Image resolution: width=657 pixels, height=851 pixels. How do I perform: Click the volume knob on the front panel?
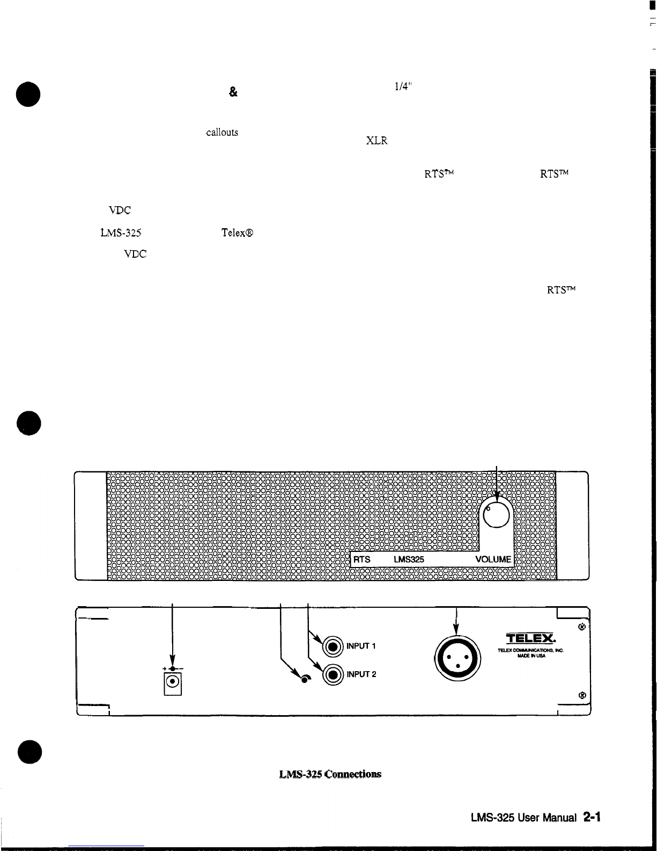tap(496, 514)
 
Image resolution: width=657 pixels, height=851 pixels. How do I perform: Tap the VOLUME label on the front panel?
tap(493, 559)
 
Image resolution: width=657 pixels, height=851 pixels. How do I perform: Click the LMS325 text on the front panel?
tap(409, 559)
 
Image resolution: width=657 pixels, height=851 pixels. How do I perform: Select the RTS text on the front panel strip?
tap(361, 559)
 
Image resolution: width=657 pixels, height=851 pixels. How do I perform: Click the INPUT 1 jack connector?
tap(333, 646)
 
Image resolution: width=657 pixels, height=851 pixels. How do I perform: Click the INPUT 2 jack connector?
tap(333, 675)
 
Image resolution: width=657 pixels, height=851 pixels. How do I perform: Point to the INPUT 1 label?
tap(361, 646)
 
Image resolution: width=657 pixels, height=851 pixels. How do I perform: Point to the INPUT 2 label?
tap(361, 674)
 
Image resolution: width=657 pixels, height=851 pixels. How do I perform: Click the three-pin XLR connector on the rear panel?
tap(457, 658)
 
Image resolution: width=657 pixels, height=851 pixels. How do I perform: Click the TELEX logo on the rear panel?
tap(530, 638)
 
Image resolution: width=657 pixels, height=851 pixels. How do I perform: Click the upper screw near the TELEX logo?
tap(581, 627)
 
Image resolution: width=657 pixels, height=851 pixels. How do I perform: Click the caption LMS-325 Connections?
tap(330, 774)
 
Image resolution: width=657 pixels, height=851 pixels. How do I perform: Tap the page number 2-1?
tap(592, 817)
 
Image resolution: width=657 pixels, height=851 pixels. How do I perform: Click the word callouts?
tap(222, 133)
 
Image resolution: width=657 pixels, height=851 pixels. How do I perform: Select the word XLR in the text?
tap(377, 141)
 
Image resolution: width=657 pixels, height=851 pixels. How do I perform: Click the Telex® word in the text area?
tap(237, 232)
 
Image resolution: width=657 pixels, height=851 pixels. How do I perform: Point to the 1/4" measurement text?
tap(403, 86)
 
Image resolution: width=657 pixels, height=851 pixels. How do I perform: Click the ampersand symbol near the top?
tap(233, 92)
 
